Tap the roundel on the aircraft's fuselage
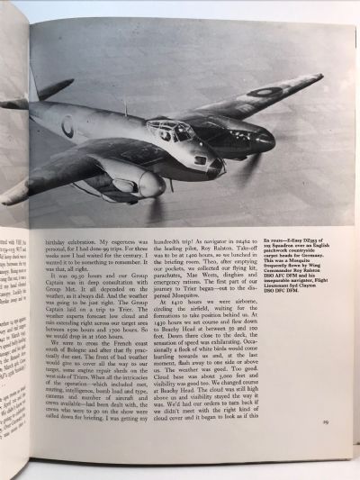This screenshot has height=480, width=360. (x=67, y=127)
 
